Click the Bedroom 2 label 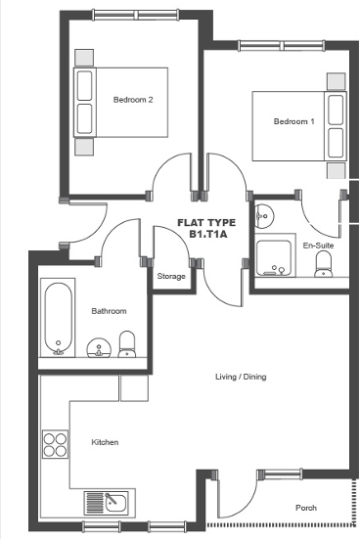tap(132, 100)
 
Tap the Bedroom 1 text tap(293, 121)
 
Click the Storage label tap(171, 277)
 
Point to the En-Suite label tap(317, 245)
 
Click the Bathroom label tap(109, 311)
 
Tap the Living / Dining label tap(241, 377)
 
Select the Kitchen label tap(105, 442)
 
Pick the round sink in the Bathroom tap(98, 348)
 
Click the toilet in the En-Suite tap(325, 264)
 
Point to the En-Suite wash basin tap(262, 213)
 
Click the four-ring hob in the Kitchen tap(54, 445)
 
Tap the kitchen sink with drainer tap(107, 502)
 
